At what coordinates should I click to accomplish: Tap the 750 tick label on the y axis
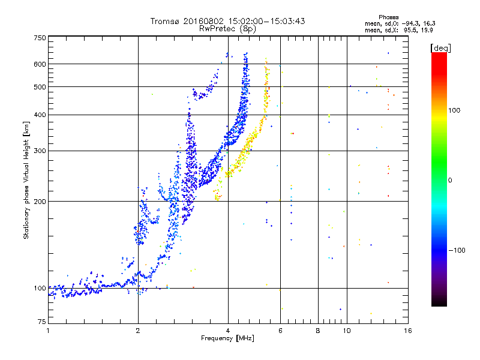click(40, 38)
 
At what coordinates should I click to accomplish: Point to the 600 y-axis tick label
click(40, 64)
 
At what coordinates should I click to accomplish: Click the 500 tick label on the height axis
click(40, 87)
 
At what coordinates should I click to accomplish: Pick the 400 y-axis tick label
click(40, 115)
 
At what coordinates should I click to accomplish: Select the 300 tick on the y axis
click(40, 151)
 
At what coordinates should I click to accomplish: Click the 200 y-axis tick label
click(40, 202)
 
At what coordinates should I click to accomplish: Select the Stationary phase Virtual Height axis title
click(26, 180)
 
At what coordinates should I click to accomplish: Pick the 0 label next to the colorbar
click(450, 180)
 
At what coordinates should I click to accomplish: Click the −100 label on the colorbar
click(457, 250)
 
